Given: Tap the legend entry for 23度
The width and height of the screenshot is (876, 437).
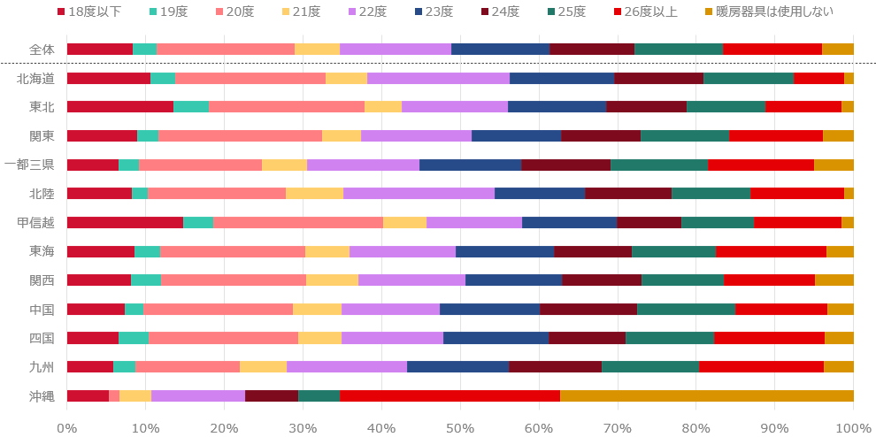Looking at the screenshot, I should click(433, 11).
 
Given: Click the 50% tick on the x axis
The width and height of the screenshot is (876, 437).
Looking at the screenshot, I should click(460, 427).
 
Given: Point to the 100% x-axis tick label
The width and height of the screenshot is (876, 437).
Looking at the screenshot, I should click(852, 427).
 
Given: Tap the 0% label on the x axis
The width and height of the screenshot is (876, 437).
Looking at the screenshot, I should click(67, 427).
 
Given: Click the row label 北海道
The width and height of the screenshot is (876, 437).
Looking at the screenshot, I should click(35, 78).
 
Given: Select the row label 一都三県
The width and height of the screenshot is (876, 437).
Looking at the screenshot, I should click(29, 165).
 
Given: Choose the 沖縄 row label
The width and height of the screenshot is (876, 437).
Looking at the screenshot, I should click(41, 395).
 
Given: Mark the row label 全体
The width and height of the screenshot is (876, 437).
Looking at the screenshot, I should click(41, 50).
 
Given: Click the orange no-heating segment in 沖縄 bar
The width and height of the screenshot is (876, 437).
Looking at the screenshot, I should click(707, 395).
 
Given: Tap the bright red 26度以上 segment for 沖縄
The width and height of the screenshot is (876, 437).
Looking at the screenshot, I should click(450, 395).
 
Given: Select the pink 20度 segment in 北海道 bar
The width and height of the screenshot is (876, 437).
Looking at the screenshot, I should click(250, 78).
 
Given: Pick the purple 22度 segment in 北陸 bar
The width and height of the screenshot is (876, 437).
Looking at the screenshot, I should click(419, 193).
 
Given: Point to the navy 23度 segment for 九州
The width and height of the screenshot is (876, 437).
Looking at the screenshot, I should click(457, 366).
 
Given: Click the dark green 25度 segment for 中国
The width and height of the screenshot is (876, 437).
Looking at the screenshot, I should click(686, 309).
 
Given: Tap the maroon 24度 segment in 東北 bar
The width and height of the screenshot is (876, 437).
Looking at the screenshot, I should click(646, 107).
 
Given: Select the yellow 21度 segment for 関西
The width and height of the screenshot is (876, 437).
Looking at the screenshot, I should click(332, 280).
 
